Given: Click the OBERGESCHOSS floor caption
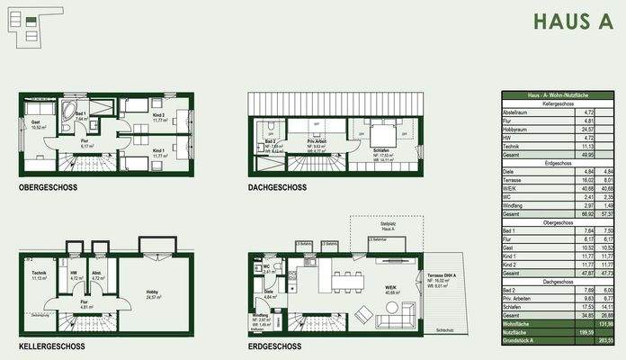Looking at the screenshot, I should [48, 187].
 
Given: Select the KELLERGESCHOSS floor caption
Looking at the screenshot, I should [51, 346].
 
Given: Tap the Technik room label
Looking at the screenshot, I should [39, 273].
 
